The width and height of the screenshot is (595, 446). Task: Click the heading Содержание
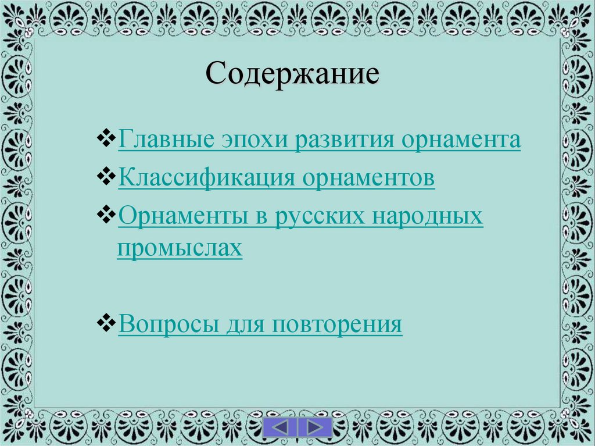point(292,74)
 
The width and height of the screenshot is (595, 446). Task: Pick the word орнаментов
point(368,178)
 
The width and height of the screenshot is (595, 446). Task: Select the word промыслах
point(180,247)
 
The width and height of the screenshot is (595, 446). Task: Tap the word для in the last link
point(237,324)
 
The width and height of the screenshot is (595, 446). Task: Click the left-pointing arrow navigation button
point(281,427)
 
